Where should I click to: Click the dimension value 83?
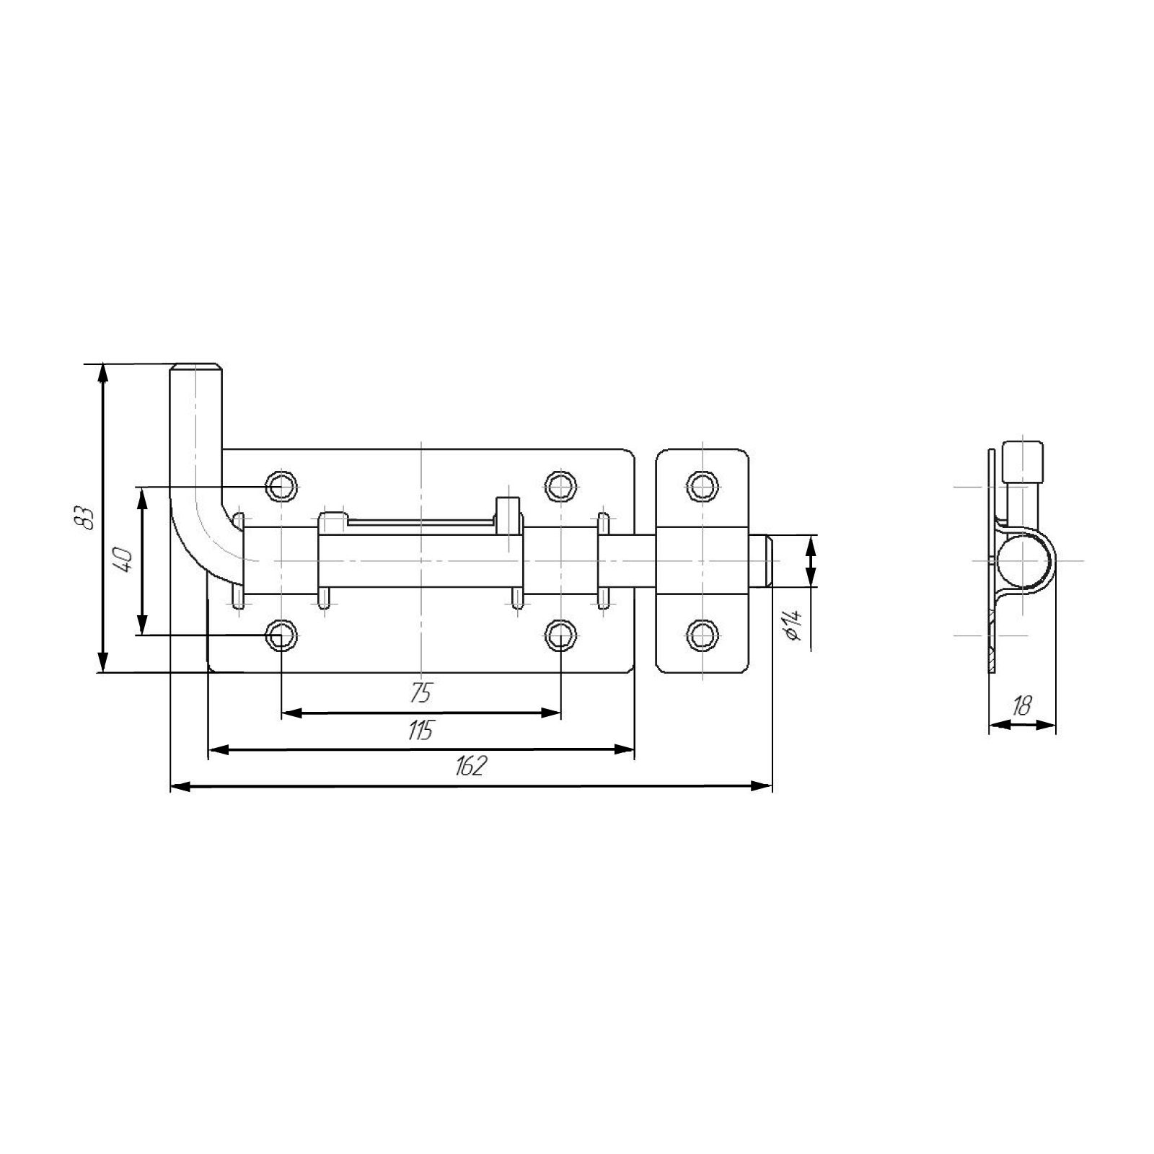tap(86, 517)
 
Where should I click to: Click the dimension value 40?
tap(124, 560)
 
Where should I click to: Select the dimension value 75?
tap(420, 694)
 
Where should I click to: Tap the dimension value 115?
tap(420, 731)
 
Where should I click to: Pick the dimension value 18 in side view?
tap(1021, 706)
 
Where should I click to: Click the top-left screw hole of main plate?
tap(281, 486)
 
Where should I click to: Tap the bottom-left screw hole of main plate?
tap(281, 635)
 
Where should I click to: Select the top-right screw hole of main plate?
tap(560, 486)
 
